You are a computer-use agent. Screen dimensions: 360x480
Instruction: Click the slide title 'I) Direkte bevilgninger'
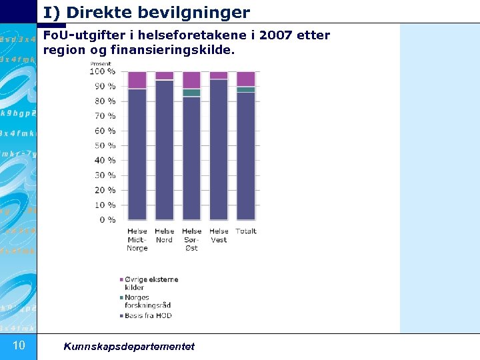click(147, 12)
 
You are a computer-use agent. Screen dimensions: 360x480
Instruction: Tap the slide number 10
click(19, 345)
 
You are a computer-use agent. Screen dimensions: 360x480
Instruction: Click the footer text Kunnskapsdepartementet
click(129, 346)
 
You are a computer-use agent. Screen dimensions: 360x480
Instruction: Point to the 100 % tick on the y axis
click(103, 71)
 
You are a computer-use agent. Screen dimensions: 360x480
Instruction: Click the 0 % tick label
click(107, 220)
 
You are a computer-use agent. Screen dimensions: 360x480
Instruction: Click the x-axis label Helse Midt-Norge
click(137, 240)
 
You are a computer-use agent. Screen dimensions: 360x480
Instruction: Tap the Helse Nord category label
click(164, 235)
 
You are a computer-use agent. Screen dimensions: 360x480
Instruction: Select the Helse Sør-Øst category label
click(191, 240)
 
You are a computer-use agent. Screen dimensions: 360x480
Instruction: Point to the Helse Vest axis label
click(219, 235)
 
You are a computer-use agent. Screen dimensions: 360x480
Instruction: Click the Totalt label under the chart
click(245, 231)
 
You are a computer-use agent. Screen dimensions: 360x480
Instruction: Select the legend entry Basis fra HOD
click(148, 315)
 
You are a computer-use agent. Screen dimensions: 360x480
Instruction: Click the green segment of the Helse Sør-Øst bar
click(191, 93)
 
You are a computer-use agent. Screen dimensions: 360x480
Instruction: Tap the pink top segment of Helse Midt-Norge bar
click(137, 80)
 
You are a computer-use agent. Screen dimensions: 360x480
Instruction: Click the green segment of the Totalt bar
click(245, 89)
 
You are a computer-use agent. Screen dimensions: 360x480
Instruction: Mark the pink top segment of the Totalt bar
click(245, 79)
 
